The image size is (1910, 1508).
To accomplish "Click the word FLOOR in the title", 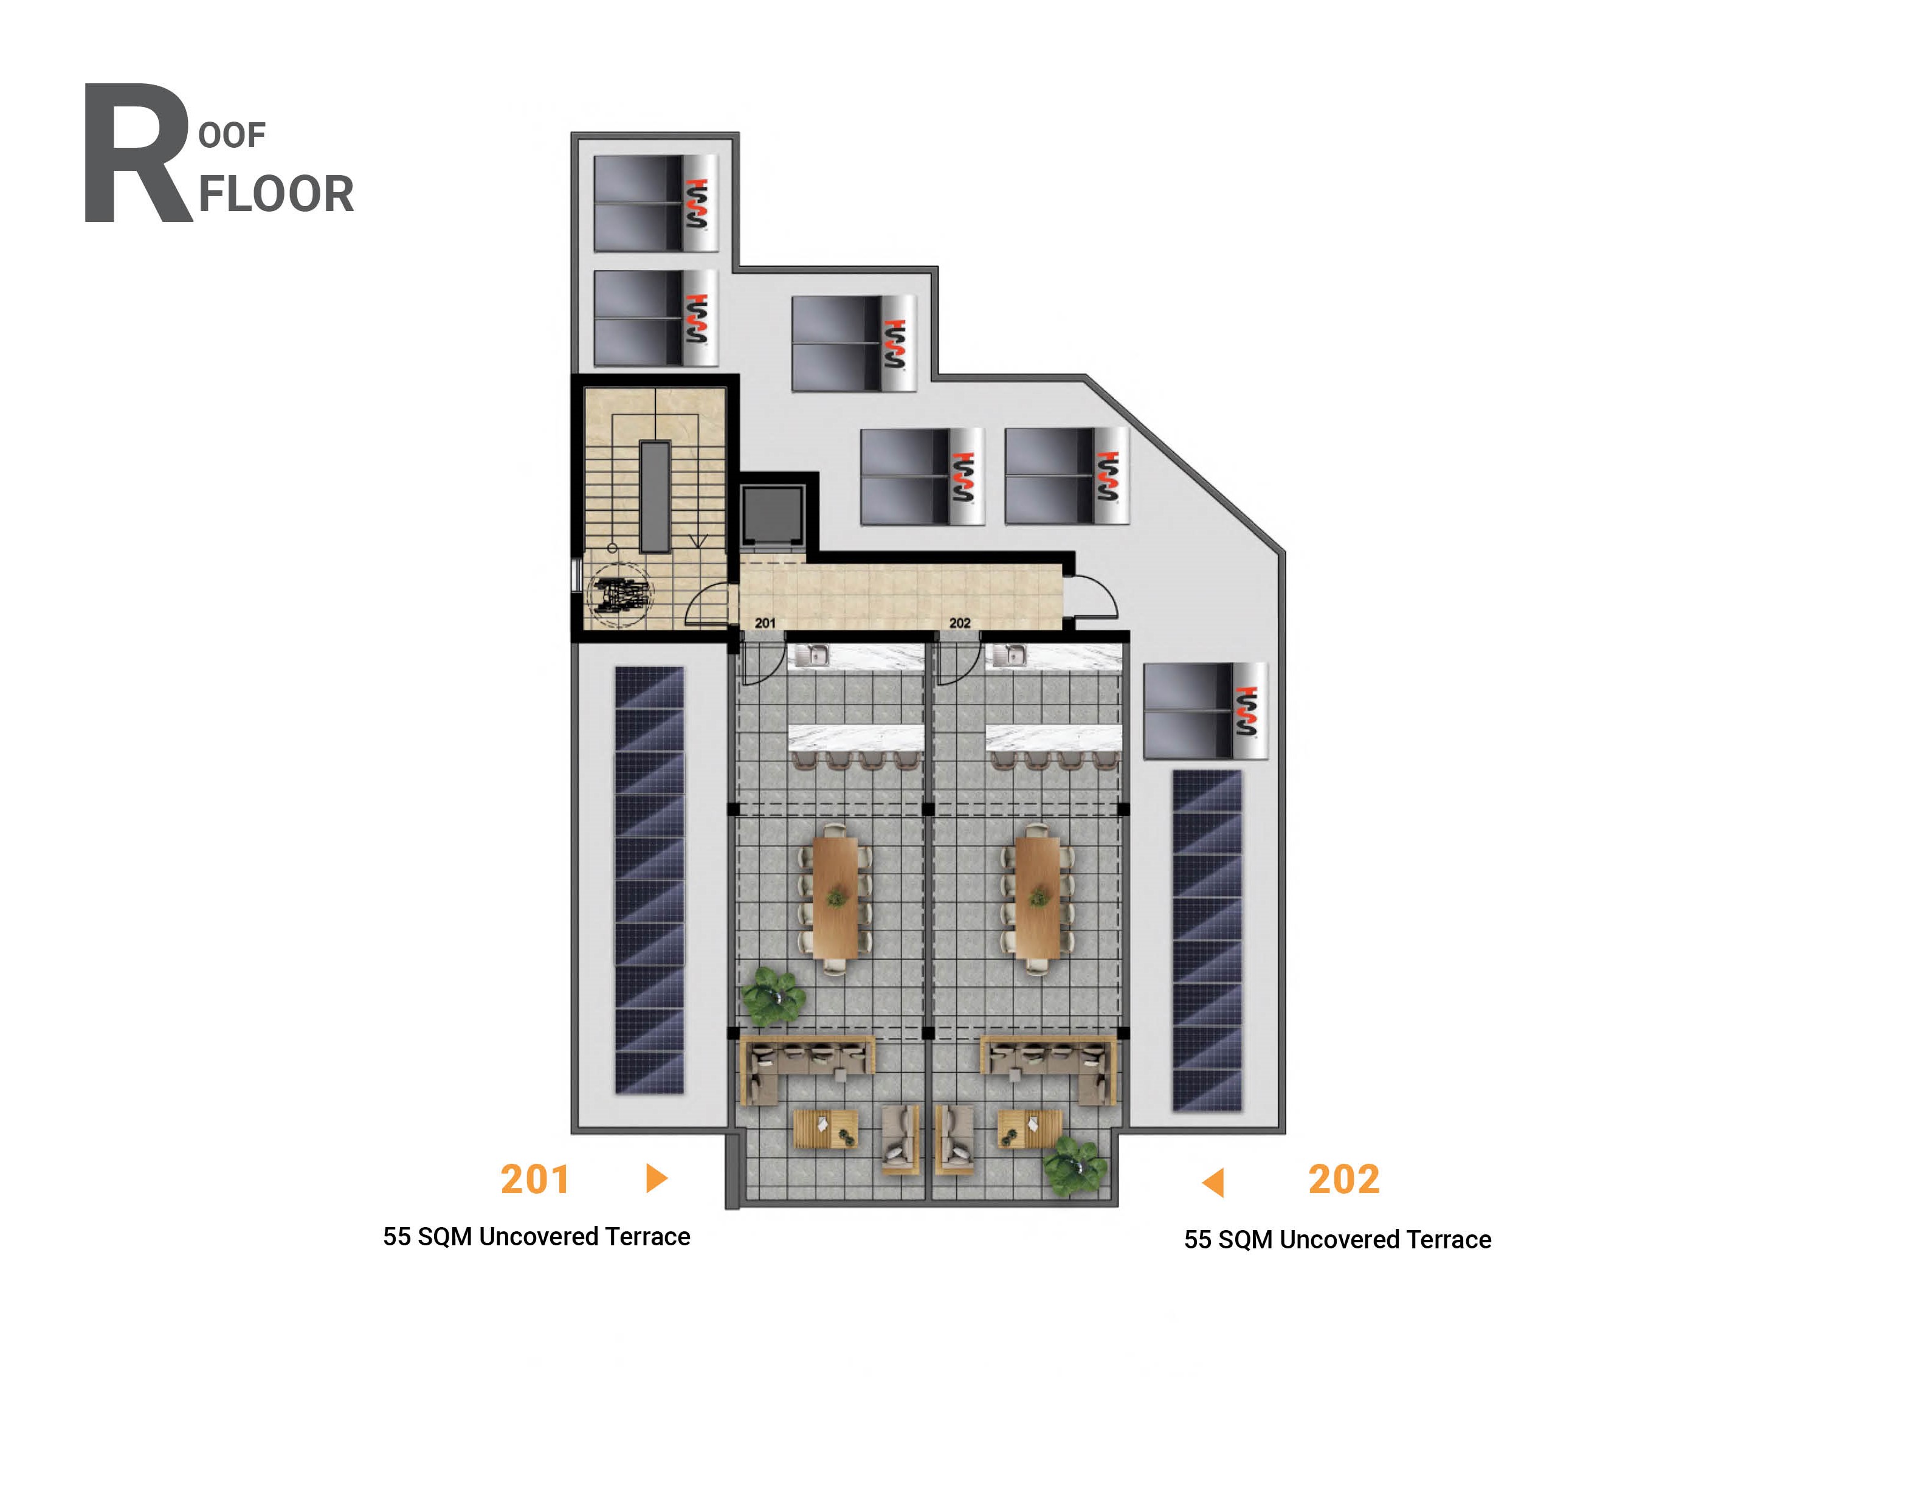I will pyautogui.click(x=275, y=195).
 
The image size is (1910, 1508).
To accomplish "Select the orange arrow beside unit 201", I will pyautogui.click(x=656, y=1178).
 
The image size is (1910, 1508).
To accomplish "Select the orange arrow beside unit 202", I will pyautogui.click(x=1213, y=1182).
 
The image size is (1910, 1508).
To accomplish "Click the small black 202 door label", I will pyautogui.click(x=959, y=623).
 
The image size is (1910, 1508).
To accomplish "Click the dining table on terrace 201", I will pyautogui.click(x=835, y=897).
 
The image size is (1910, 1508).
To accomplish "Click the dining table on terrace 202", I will pyautogui.click(x=1037, y=897).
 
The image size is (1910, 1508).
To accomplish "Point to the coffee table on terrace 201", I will pyautogui.click(x=826, y=1129).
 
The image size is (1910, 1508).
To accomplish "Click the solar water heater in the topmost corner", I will pyautogui.click(x=655, y=203).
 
